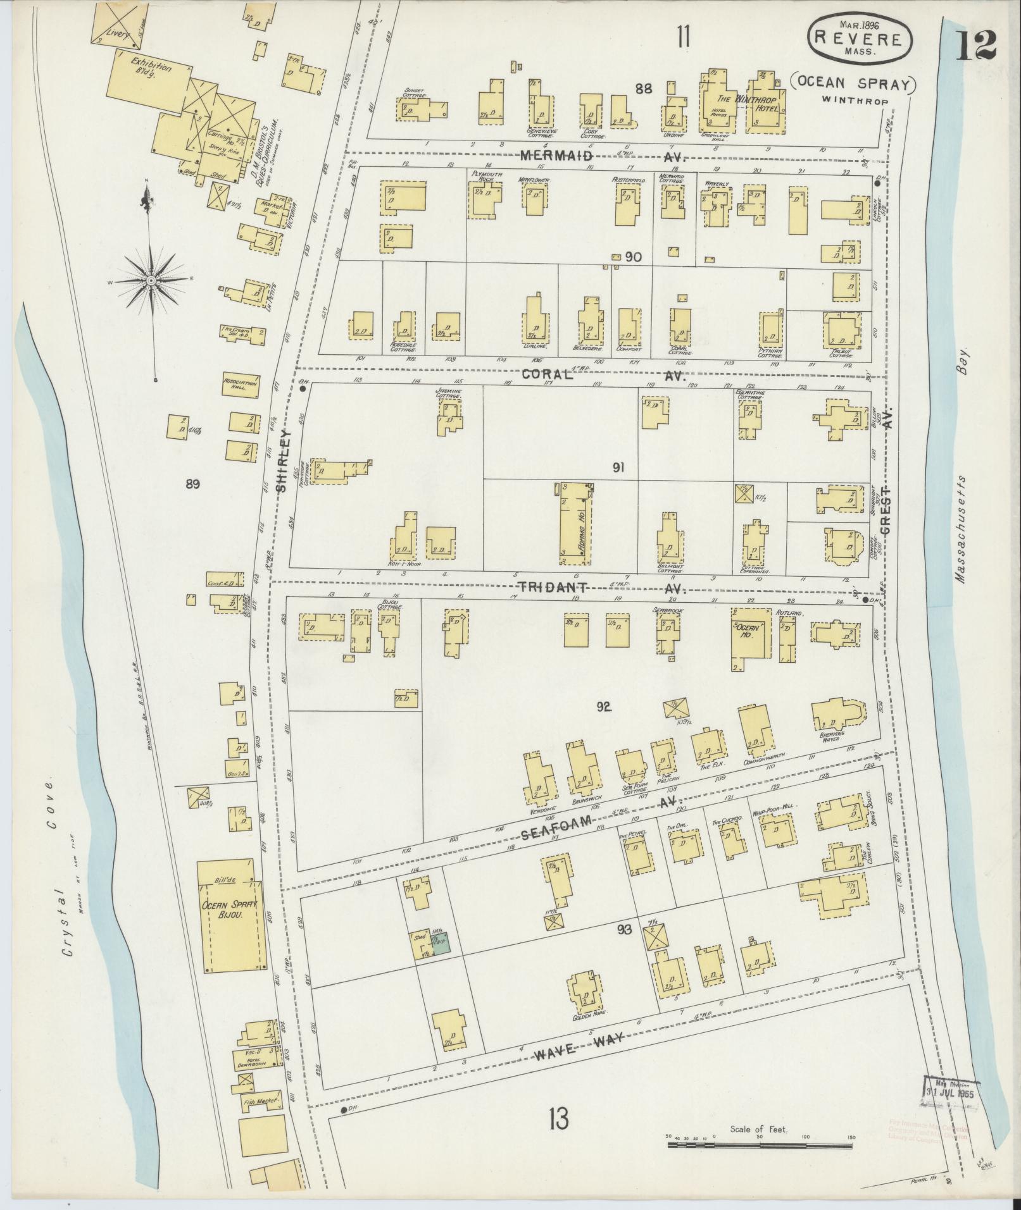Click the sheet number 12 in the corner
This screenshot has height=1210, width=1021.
(x=976, y=44)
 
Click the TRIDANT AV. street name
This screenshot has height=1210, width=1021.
(x=601, y=588)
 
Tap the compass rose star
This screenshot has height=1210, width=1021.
(x=152, y=279)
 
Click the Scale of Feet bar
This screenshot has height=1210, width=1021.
(x=760, y=1144)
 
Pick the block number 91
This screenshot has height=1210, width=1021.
(x=618, y=467)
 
